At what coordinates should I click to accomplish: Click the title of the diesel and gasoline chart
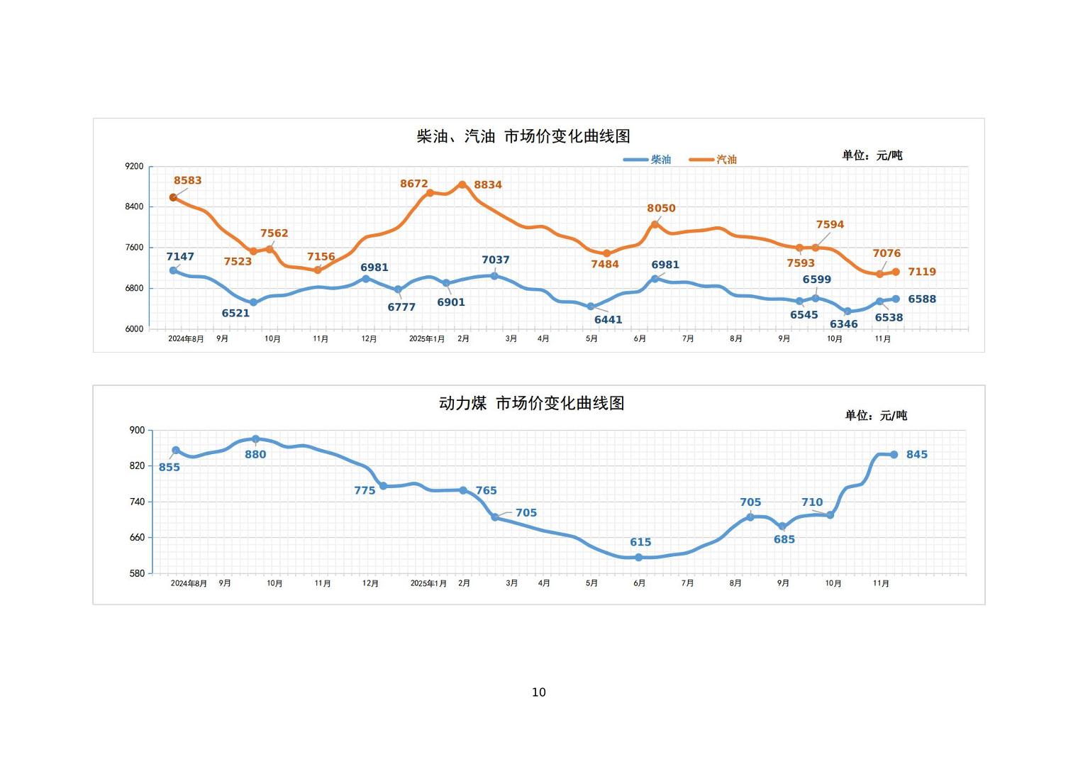pos(523,136)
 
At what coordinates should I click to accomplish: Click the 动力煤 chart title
pos(532,404)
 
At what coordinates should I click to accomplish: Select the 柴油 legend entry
pos(648,160)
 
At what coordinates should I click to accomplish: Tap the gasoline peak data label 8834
pos(488,185)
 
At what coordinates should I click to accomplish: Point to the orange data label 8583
pos(188,181)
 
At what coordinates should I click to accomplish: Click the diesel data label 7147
pos(180,257)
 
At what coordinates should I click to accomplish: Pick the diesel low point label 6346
pos(844,324)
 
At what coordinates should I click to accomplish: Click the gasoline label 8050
pos(661,209)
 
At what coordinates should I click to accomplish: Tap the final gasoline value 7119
pos(922,272)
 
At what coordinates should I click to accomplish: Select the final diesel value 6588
pos(922,299)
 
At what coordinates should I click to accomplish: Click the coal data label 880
pos(255,455)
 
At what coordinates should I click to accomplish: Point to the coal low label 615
pos(640,543)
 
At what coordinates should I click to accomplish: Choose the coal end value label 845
pos(917,455)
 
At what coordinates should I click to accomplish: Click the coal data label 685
pos(784,540)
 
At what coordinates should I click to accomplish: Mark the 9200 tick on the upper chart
pos(134,167)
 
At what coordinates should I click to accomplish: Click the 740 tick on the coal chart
pos(137,502)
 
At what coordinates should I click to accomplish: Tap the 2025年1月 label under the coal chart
pos(429,584)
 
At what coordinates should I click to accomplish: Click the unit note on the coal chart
pos(876,416)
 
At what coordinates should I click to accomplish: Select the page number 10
pos(539,692)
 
